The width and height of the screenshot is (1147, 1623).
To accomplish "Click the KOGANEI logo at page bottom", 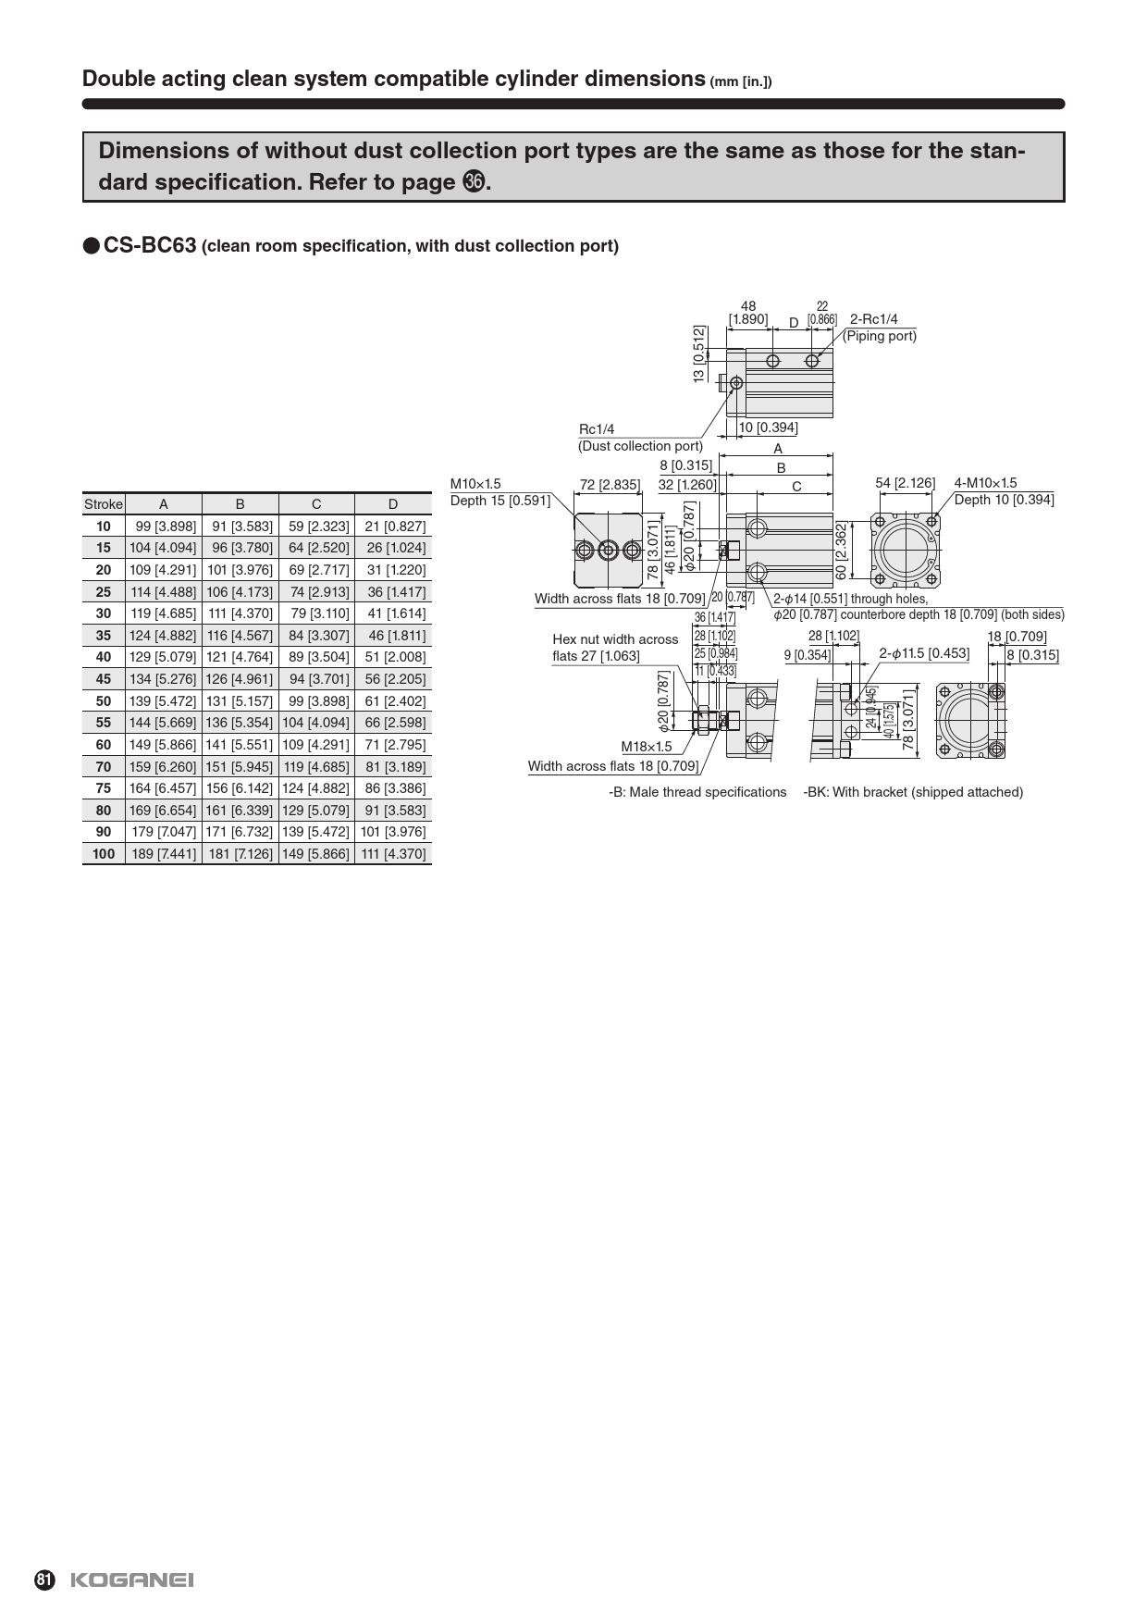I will click(x=131, y=1580).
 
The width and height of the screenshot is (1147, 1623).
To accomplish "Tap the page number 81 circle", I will click(x=44, y=1580).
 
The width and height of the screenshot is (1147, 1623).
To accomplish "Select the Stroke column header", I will click(x=103, y=504).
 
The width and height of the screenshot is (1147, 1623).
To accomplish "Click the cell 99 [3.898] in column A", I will click(x=164, y=527).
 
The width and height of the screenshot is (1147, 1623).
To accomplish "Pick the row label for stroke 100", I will click(x=103, y=853).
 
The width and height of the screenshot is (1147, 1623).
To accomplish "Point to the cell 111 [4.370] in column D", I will click(x=393, y=853).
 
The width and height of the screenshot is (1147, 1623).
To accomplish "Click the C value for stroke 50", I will click(x=316, y=700).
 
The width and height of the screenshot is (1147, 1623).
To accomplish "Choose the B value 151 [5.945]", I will click(x=240, y=766).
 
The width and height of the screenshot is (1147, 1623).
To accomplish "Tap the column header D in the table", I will click(x=393, y=504).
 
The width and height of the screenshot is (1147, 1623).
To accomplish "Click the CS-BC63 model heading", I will click(x=150, y=245).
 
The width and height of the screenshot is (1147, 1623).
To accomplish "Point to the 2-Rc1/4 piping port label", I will click(x=873, y=319).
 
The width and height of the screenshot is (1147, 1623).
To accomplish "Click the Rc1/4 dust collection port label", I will click(x=597, y=429).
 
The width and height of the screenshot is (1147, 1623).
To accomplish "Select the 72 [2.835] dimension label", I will click(x=609, y=484).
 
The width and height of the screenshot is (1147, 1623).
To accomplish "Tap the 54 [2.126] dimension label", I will click(x=905, y=483).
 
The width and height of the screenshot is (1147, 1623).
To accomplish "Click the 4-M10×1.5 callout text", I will click(x=985, y=483).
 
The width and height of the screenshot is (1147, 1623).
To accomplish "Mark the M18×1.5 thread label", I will click(x=647, y=747).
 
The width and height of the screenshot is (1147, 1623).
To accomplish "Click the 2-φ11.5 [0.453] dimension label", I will click(x=924, y=653).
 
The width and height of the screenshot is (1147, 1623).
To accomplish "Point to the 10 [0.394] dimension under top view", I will click(x=768, y=427).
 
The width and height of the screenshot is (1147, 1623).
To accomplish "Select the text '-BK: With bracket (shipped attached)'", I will click(x=913, y=792).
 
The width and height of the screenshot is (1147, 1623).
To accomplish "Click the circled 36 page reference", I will click(x=473, y=182).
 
